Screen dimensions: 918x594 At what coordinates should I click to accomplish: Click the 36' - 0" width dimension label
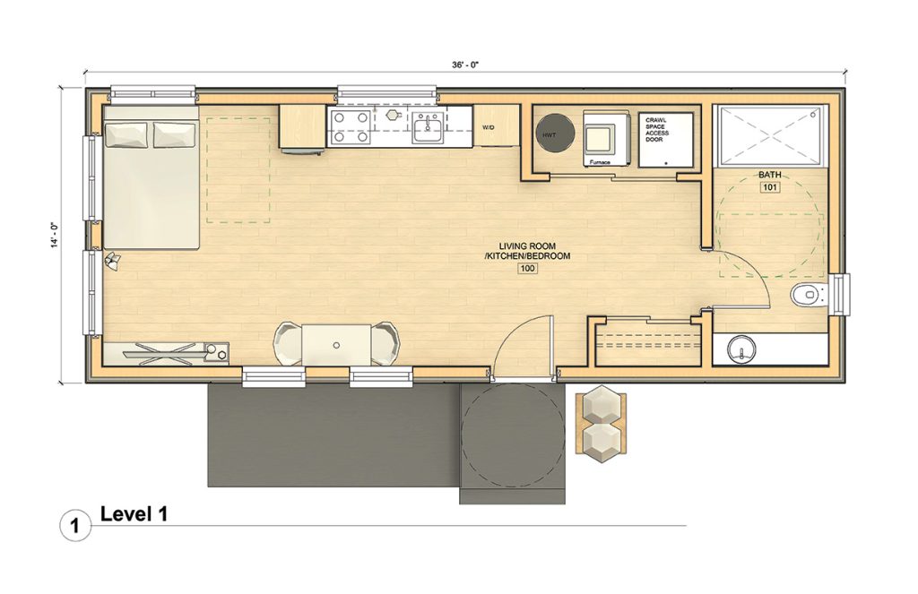465,65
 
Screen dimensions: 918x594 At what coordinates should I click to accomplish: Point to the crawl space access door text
656,130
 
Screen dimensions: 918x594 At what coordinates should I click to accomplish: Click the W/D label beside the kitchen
488,126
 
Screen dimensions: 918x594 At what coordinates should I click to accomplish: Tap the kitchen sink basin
429,128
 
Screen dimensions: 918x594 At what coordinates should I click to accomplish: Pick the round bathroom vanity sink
741,349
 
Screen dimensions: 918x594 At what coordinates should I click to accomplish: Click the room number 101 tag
769,188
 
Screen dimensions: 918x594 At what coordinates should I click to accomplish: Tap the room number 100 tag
527,269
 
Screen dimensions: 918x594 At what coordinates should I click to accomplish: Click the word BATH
769,175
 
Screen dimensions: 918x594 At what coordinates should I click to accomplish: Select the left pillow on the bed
126,134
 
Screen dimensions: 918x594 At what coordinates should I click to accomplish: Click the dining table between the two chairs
336,345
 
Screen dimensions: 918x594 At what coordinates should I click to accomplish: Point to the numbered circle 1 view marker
75,525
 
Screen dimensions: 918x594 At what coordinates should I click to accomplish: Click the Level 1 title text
134,514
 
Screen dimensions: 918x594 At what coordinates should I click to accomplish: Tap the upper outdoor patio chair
602,404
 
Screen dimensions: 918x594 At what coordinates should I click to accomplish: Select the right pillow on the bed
175,134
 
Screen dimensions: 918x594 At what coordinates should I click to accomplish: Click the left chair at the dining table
288,344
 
